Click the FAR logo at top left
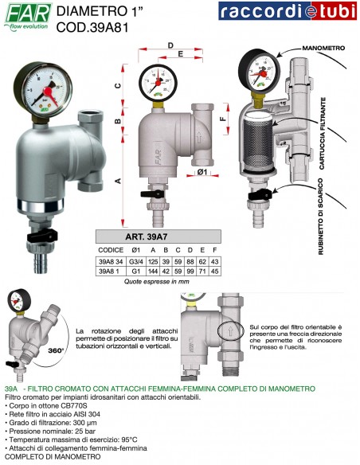[27, 14]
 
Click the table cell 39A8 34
[111, 260]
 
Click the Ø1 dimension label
[202, 171]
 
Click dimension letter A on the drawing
[119, 182]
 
